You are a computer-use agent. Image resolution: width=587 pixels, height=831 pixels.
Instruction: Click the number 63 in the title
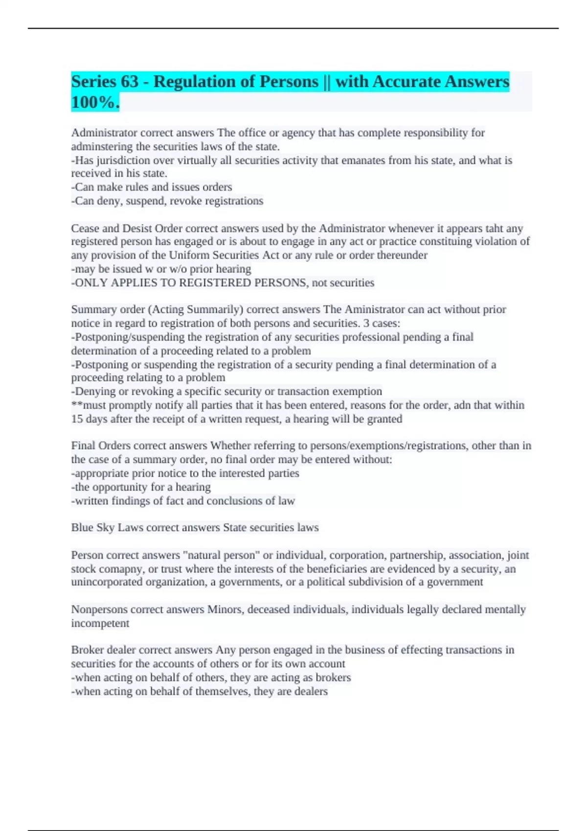pos(129,82)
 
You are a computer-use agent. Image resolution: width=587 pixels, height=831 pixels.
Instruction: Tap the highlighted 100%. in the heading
pos(95,103)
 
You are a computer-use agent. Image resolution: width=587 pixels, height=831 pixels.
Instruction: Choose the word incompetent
pos(100,623)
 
